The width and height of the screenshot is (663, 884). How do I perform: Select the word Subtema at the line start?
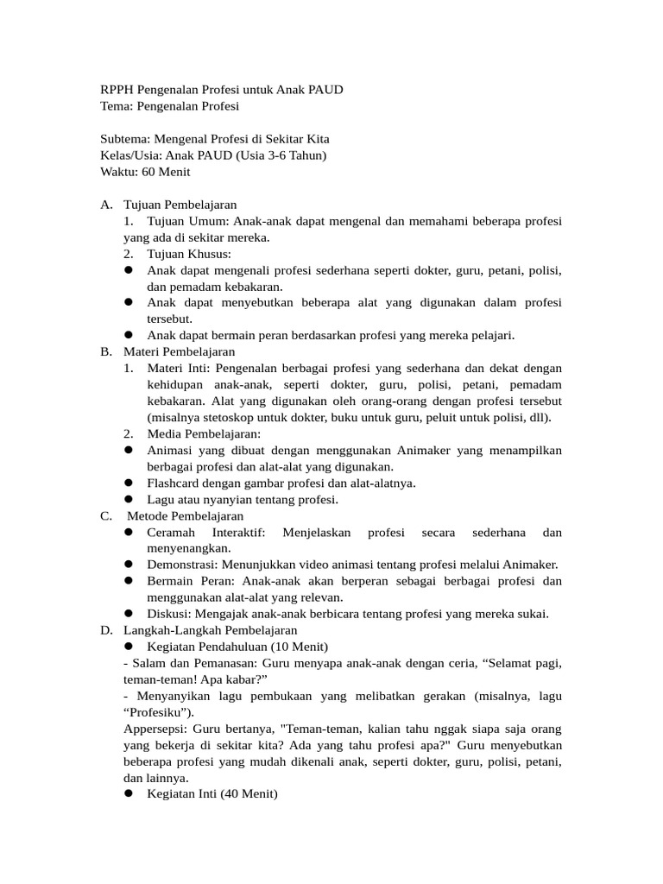click(123, 139)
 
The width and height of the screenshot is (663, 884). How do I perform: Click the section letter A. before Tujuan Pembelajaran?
click(106, 205)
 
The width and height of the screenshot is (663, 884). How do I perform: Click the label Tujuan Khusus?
click(189, 254)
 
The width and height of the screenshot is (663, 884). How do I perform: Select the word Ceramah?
click(171, 532)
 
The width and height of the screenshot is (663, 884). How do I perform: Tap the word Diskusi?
click(167, 614)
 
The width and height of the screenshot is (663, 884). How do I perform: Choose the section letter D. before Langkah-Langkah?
click(106, 630)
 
